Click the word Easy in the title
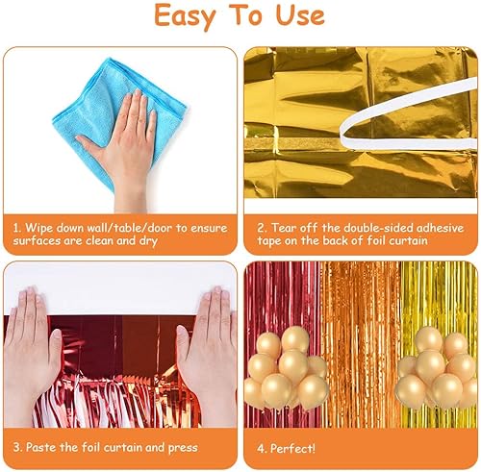coord(185,16)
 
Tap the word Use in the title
coord(300,15)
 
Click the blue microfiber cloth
coord(119,122)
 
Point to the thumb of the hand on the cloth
coord(89,144)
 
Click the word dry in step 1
coord(148,241)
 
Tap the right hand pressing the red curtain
coord(208,353)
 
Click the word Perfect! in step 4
coord(292,448)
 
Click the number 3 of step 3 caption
coord(16,447)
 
